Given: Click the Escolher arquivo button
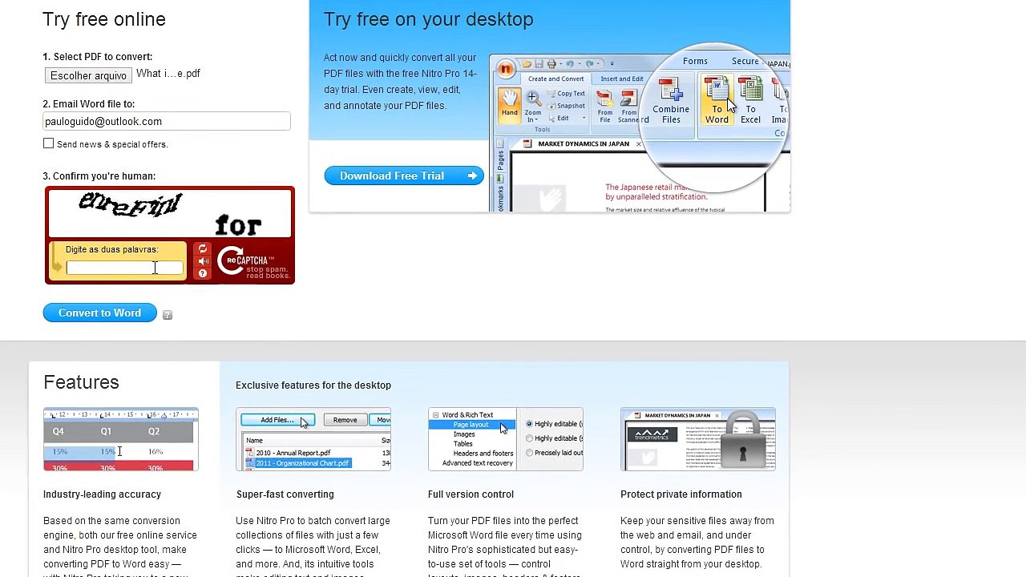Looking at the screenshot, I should (88, 75).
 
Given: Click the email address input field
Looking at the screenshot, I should (167, 122).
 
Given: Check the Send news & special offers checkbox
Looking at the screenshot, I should (49, 143).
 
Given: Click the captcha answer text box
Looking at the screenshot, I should (124, 268).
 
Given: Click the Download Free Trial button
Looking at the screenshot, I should (404, 176).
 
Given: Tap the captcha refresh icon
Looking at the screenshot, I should (203, 249).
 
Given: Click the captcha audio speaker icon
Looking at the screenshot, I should (203, 261).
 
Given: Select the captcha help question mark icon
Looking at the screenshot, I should (203, 274).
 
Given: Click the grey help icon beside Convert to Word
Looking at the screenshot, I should (168, 315).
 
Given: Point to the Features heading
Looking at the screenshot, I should (81, 382).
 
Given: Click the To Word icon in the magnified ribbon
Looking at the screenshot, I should (717, 100).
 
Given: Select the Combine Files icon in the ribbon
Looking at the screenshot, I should (671, 100).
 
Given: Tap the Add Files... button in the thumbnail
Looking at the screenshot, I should (277, 420).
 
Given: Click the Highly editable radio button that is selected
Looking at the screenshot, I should (529, 424).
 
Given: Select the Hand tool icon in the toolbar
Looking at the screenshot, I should (510, 103).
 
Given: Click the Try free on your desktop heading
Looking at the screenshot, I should (428, 19).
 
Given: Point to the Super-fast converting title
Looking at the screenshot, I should (285, 494).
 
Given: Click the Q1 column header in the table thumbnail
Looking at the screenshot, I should (106, 431).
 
